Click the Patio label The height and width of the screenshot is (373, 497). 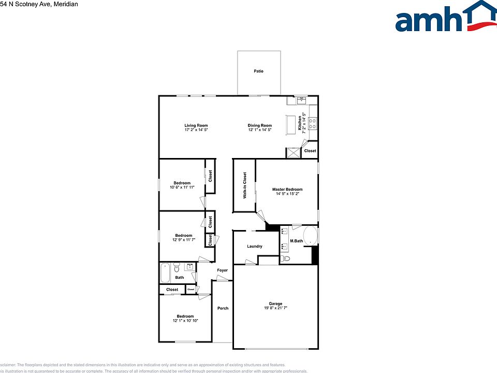coord(258,71)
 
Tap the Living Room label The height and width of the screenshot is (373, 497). coord(196,125)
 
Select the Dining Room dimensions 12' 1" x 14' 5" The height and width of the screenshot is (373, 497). coord(259,130)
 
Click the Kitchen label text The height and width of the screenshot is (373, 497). coord(300,123)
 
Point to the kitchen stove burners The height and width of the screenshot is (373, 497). coord(313,123)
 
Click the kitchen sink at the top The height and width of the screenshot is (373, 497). coord(301,100)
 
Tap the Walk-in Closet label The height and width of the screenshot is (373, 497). coord(245,185)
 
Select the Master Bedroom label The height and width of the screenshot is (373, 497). coord(287,190)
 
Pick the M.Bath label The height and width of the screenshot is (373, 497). coord(296,241)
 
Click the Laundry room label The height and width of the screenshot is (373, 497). coord(255,247)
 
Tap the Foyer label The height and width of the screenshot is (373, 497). coord(222,270)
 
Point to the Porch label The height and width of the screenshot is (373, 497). coord(223,308)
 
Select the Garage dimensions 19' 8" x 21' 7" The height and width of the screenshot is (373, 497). coord(275,308)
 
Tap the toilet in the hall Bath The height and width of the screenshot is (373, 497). coord(177,267)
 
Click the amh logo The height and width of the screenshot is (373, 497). coord(445,17)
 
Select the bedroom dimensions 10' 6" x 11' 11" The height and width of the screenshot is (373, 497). coord(182,187)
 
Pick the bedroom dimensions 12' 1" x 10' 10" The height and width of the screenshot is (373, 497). coord(185,321)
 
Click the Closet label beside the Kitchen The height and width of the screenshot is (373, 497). coord(310,151)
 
